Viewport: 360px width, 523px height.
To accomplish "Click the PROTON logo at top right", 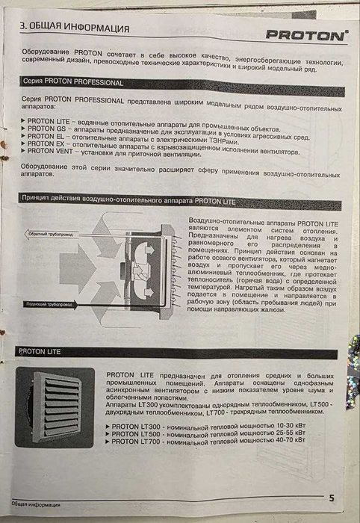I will [x=307, y=34].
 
